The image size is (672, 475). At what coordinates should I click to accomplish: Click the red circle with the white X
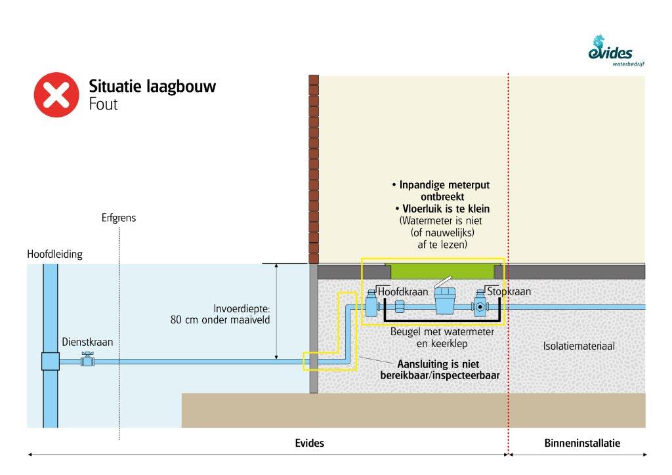(56, 94)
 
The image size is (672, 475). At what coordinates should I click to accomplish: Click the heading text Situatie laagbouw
(152, 87)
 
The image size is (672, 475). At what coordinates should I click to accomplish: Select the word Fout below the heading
(103, 104)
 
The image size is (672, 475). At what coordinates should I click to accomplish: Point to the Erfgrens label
(119, 218)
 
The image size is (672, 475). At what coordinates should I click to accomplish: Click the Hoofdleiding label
(55, 254)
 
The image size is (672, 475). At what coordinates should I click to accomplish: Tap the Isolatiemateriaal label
(578, 346)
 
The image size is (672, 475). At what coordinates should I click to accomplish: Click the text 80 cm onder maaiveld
(220, 321)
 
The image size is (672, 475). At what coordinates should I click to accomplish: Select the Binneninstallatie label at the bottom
(582, 444)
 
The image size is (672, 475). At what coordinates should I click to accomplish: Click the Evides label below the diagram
(309, 444)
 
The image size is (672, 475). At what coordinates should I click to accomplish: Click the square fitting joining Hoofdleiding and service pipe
(50, 361)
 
